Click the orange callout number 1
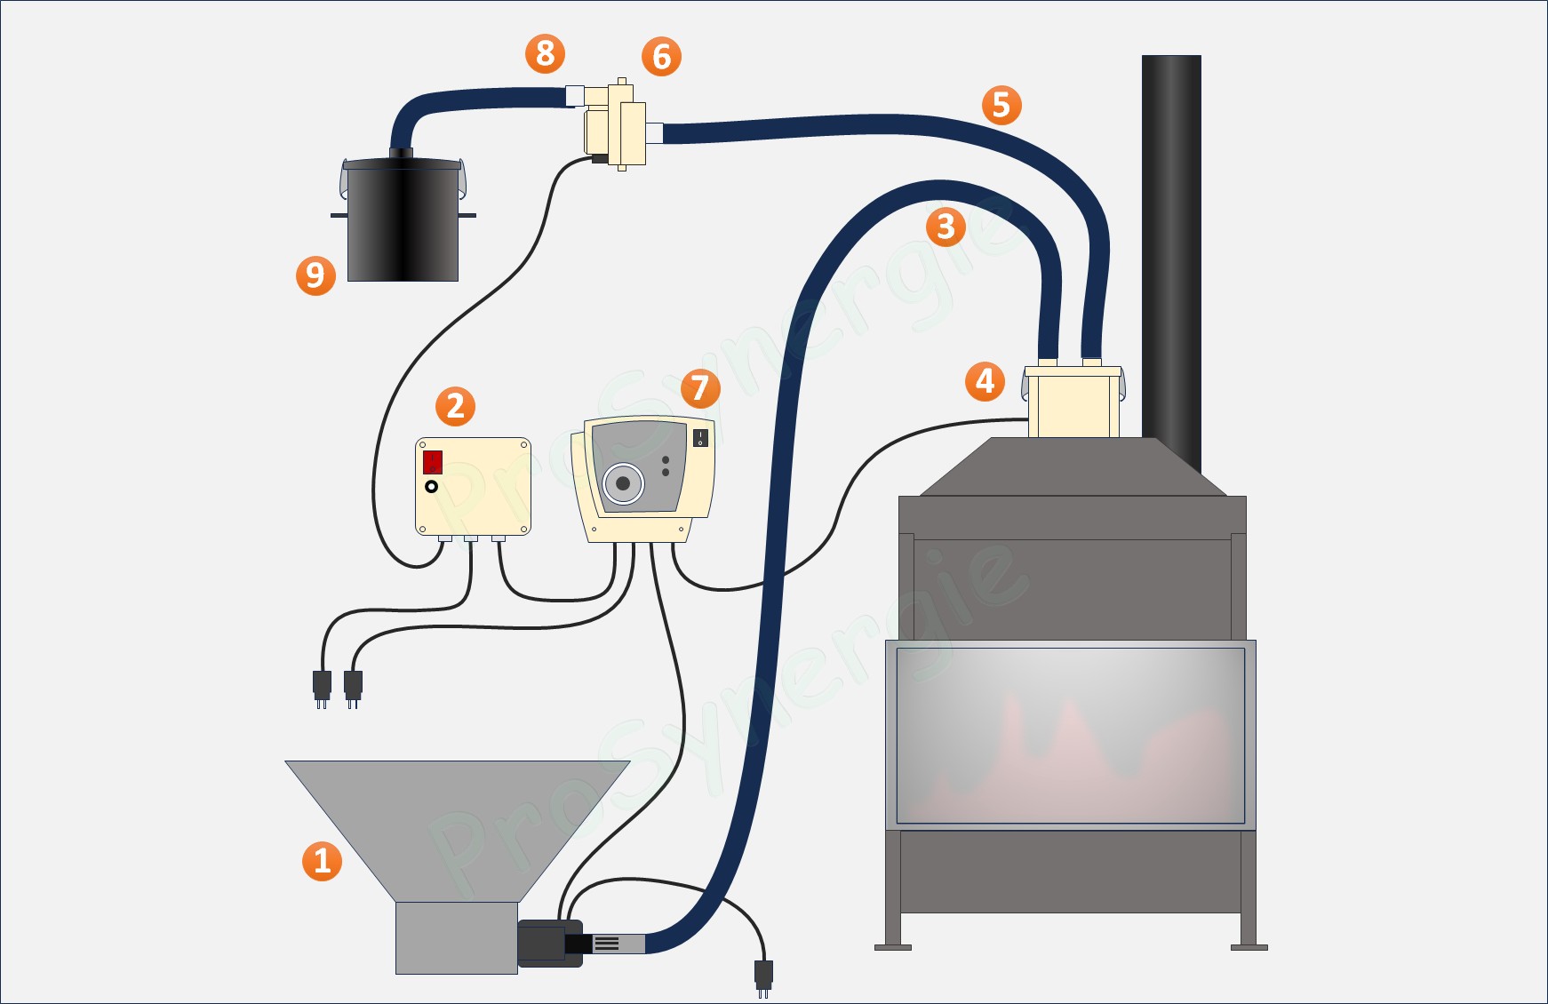[322, 861]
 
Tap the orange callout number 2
[455, 406]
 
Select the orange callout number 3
[946, 227]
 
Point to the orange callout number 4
[985, 381]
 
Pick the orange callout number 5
[1001, 105]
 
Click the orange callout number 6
[661, 57]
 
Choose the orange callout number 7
[700, 388]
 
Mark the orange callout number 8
[546, 53]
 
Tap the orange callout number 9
[315, 275]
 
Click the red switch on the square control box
[433, 462]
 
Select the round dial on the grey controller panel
[623, 483]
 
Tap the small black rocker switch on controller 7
[700, 437]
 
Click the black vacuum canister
[403, 222]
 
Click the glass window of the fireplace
[1070, 735]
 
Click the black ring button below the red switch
[432, 487]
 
